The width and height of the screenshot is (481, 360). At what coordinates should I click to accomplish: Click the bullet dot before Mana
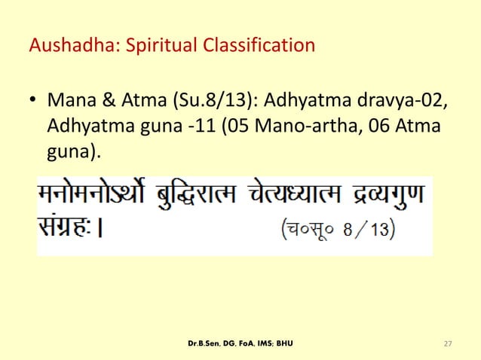tap(33, 101)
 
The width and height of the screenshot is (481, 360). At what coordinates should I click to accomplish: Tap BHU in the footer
tap(283, 344)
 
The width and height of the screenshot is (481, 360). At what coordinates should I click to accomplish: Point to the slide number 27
tap(448, 344)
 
